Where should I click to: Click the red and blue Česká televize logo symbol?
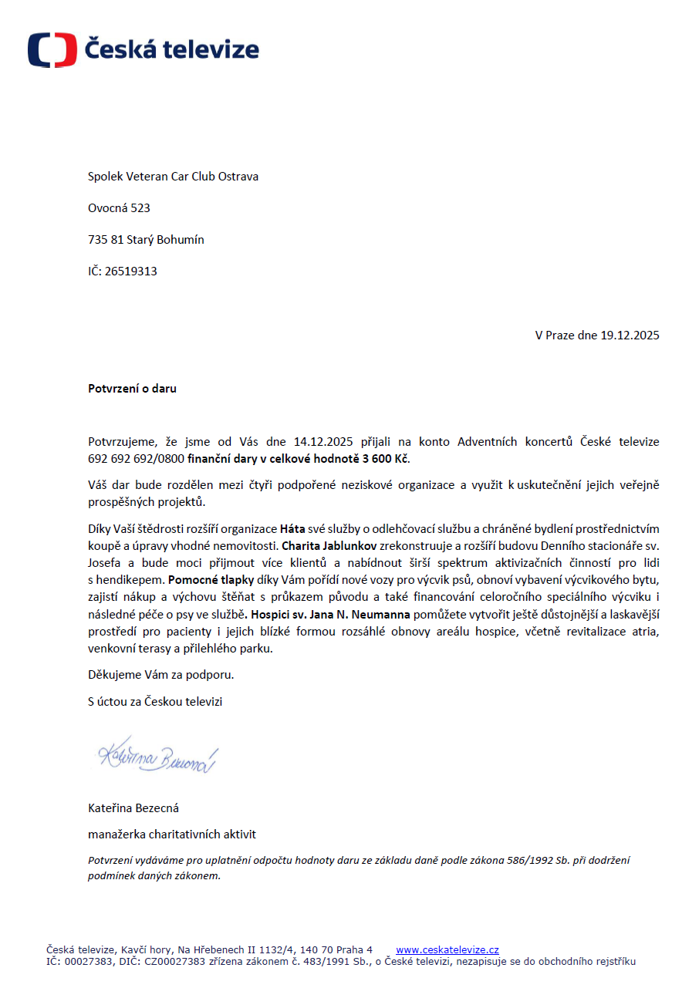pos(52,50)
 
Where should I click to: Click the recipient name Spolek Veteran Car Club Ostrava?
pos(173,177)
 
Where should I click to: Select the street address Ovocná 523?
pos(119,208)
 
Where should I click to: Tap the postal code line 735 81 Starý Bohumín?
pos(146,240)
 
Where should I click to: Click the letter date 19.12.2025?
pos(630,336)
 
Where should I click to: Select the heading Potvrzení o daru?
pos(132,389)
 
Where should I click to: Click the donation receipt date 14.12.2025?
pos(323,442)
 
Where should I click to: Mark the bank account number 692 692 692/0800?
pos(136,459)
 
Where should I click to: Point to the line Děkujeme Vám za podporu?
pos(160,675)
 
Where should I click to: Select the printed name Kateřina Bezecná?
pos(133,808)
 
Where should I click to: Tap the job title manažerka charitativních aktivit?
pos(172,835)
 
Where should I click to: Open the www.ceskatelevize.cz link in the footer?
pos(447,950)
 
